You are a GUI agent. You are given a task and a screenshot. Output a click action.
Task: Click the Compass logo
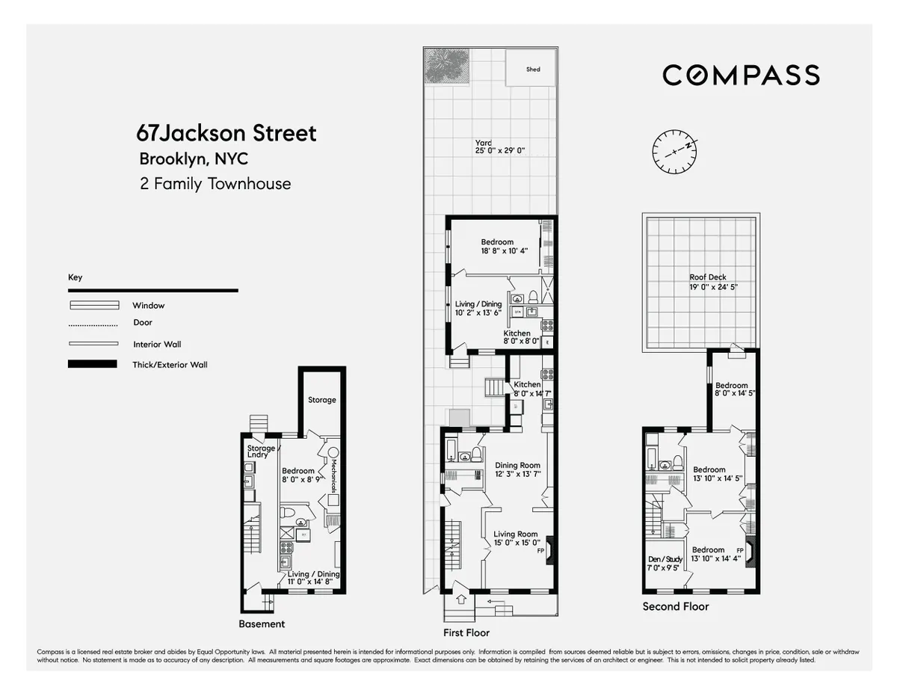click(x=741, y=75)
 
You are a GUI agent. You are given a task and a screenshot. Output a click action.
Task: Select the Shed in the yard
click(x=532, y=69)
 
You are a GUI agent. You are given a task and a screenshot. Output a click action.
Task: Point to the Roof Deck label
click(x=707, y=277)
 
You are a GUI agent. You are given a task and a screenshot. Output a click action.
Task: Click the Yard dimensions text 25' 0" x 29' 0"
click(x=500, y=151)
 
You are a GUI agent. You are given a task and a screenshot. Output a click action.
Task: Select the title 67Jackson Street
click(x=226, y=133)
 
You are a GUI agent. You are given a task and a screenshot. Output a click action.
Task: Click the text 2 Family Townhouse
click(x=215, y=184)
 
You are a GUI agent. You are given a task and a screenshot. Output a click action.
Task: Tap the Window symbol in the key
click(x=94, y=305)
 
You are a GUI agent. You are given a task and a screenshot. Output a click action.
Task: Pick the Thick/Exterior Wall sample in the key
click(x=93, y=364)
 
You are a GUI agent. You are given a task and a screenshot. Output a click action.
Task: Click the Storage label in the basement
click(x=322, y=400)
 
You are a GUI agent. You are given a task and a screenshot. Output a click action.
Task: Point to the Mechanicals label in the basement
click(x=333, y=475)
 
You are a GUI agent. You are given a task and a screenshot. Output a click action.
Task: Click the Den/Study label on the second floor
click(x=664, y=559)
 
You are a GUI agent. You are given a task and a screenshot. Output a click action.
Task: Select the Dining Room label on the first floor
click(x=517, y=466)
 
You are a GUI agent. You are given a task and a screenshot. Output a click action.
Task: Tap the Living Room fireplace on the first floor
click(x=550, y=551)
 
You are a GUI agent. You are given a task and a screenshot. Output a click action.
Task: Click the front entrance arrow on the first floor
click(x=460, y=598)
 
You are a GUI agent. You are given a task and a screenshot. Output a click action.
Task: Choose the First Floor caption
click(x=466, y=632)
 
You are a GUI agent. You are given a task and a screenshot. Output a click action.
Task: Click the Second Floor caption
click(x=676, y=606)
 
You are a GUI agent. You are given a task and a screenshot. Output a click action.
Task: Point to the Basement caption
click(x=262, y=623)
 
